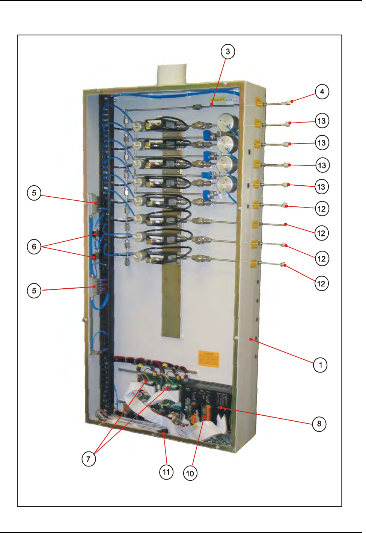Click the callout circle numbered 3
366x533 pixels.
pyautogui.click(x=228, y=51)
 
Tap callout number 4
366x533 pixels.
pyautogui.click(x=322, y=91)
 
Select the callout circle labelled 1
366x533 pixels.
pyautogui.click(x=320, y=365)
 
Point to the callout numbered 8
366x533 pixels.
pyautogui.click(x=319, y=424)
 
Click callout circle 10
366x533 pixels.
pyautogui.click(x=190, y=473)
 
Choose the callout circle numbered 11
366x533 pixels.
pyautogui.click(x=166, y=472)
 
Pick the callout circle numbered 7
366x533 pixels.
pyautogui.click(x=89, y=459)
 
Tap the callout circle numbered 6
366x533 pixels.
pyautogui.click(x=34, y=247)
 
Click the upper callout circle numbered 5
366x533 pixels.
pyautogui.click(x=34, y=193)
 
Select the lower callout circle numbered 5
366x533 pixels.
pyautogui.click(x=34, y=291)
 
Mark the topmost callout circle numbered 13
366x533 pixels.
pyautogui.click(x=322, y=121)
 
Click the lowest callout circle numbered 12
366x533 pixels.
pyautogui.click(x=321, y=283)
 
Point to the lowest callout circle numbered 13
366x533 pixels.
pyautogui.click(x=321, y=187)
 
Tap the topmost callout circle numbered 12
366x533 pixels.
pyautogui.click(x=322, y=209)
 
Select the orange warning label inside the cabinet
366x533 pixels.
pyautogui.click(x=208, y=359)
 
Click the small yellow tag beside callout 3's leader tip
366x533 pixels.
pyautogui.click(x=218, y=100)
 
